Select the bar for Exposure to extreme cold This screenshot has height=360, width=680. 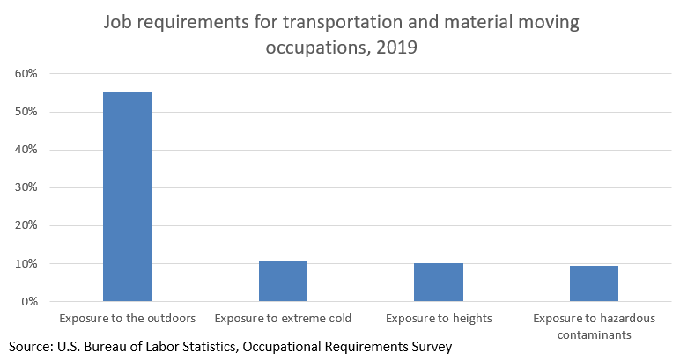tap(283, 281)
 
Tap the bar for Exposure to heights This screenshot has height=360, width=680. tap(438, 282)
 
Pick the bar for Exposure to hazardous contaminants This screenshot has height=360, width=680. tap(594, 283)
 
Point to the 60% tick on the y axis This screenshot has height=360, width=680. tap(26, 74)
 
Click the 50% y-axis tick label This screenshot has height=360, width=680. tap(26, 112)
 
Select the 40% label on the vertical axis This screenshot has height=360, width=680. tap(26, 150)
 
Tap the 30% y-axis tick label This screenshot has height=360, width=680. tap(26, 187)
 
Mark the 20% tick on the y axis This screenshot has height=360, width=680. tap(26, 225)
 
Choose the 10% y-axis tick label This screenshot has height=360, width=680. tap(26, 263)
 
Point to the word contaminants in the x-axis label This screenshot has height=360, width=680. tap(594, 334)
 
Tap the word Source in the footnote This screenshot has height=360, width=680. tap(33, 347)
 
